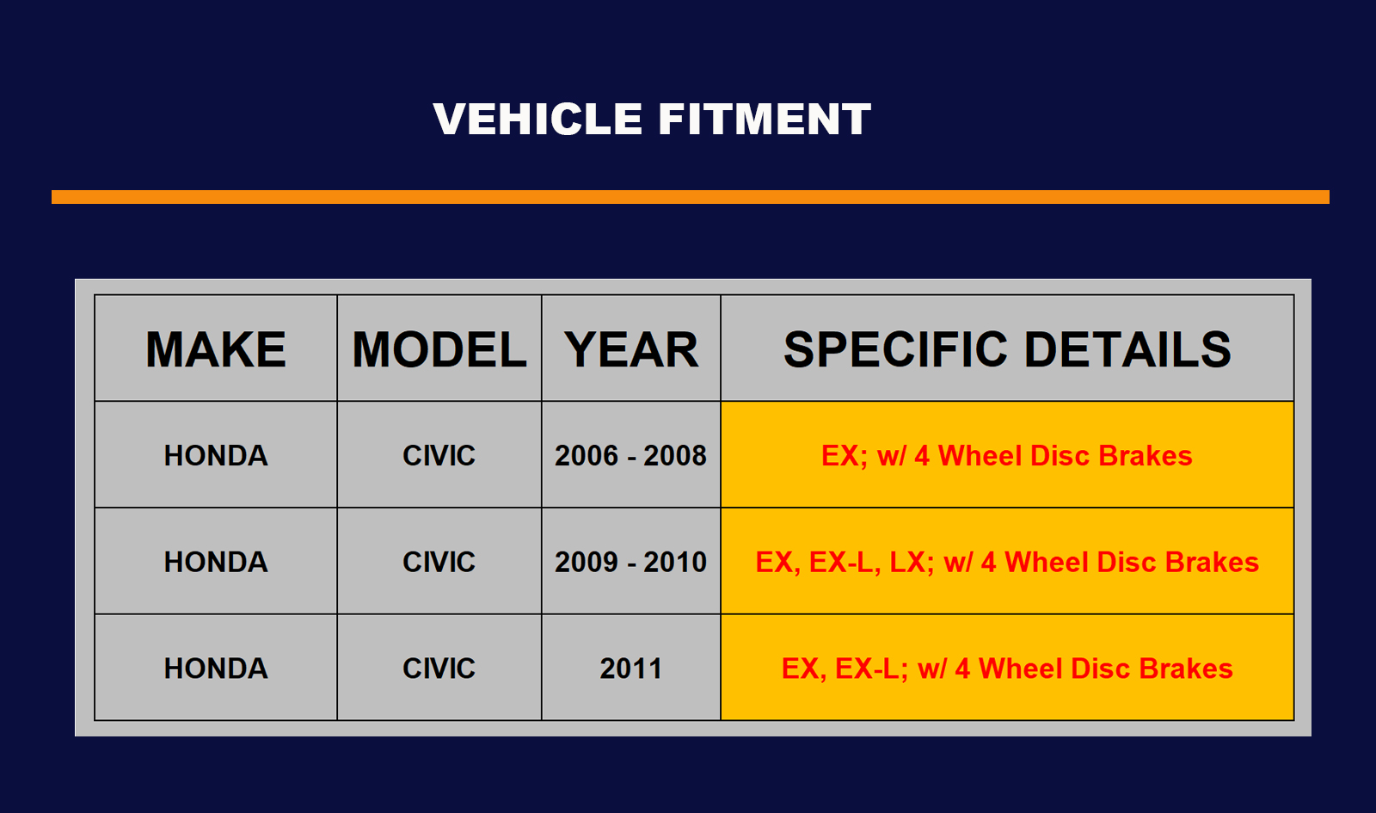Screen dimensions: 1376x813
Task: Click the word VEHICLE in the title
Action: point(537,119)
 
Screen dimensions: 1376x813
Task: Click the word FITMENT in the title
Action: point(765,119)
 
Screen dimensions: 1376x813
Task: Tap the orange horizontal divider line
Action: point(691,197)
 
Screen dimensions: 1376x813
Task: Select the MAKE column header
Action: point(216,349)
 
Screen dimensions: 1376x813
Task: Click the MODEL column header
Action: point(439,349)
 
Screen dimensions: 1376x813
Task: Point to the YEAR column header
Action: point(631,349)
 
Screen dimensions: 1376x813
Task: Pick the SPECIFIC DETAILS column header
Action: point(1007,349)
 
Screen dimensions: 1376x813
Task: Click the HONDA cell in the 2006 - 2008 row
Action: point(216,455)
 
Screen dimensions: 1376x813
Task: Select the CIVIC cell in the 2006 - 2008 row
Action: point(439,455)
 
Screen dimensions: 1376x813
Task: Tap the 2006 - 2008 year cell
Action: point(631,455)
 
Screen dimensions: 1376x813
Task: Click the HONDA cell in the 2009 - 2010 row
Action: point(216,562)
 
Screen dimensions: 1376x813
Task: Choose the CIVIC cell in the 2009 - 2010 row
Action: point(439,562)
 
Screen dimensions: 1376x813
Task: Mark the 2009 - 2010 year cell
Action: point(631,562)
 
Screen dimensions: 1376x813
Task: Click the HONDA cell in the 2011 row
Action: point(216,668)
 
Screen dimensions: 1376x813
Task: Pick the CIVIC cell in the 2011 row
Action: point(439,668)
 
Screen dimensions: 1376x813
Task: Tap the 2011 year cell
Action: point(631,668)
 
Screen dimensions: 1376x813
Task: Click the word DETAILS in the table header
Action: point(1127,349)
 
